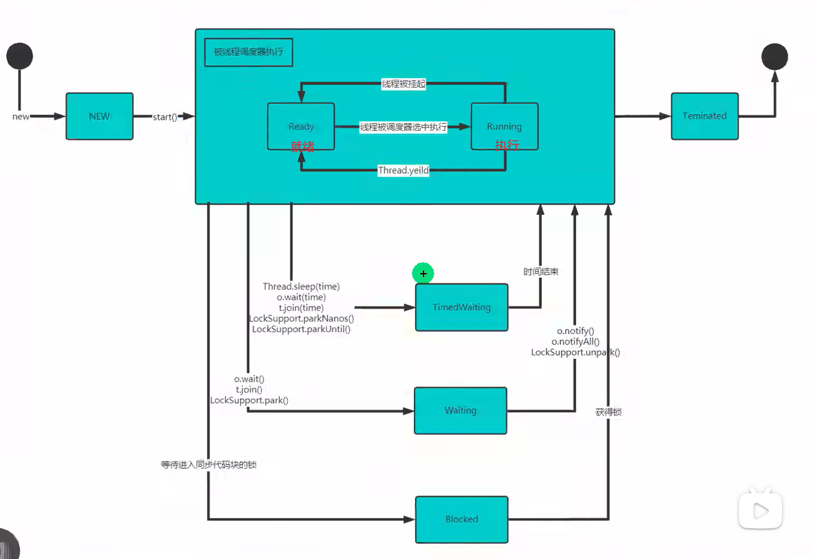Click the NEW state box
pos(99,116)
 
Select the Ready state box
pos(301,126)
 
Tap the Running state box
pos(504,126)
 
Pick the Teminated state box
pos(705,116)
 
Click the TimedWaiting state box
pos(461,308)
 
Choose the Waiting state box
pos(460,410)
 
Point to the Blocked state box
pos(461,519)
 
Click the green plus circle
pos(423,274)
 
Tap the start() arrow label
pos(165,117)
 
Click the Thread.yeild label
pos(403,171)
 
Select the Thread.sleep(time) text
pos(301,286)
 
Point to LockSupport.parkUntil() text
pos(301,329)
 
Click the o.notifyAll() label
pos(575,342)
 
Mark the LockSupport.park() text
pos(249,400)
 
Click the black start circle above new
pos(20,56)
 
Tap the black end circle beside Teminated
pos(775,56)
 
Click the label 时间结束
pos(541,272)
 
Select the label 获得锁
pos(608,412)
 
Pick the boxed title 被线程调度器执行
pos(249,53)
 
